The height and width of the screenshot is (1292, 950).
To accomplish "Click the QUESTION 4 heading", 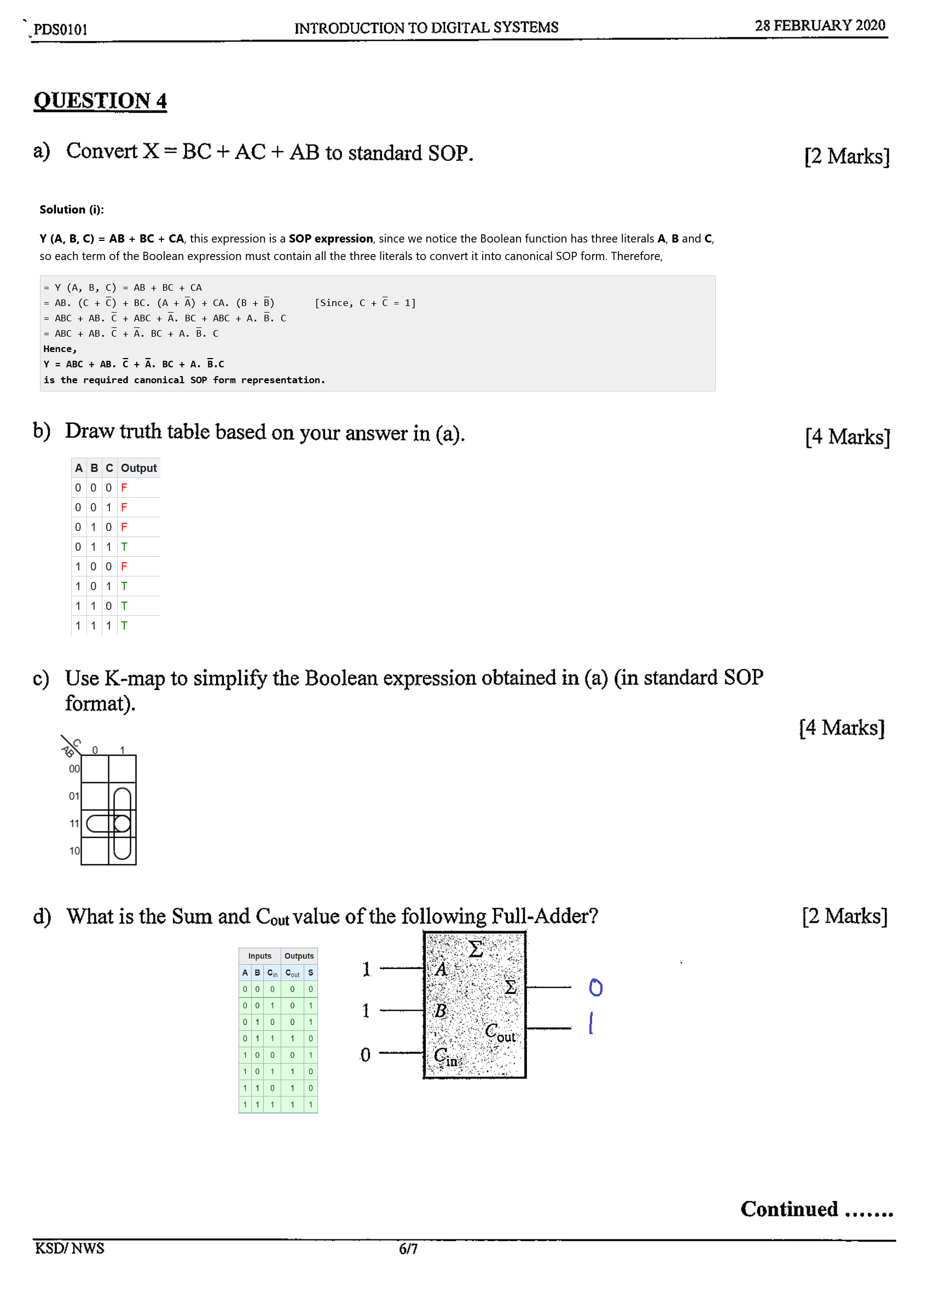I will coord(100,101).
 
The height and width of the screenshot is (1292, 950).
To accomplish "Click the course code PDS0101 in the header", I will coord(60,30).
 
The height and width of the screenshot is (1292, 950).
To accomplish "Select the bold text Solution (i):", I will coord(71,209).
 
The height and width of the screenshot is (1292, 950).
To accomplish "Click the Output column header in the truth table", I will coord(138,468).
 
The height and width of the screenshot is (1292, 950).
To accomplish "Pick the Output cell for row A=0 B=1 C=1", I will coord(124,547).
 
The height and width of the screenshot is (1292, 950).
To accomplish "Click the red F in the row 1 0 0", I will coord(124,567).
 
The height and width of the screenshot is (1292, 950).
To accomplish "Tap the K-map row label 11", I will coord(74,824).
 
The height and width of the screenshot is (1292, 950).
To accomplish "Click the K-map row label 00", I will coord(74,769).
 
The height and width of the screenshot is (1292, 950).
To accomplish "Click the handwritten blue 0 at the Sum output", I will coord(596,988).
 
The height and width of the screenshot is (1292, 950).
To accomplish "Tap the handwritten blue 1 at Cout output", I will coord(591,1023).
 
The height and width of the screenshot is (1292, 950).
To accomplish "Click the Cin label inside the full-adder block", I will coord(445,1057).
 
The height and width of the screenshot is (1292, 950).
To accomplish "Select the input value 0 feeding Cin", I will coord(365,1055).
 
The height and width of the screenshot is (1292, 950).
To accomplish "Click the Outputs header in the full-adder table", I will coord(299,956).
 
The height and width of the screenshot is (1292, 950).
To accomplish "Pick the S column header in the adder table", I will coord(310,973).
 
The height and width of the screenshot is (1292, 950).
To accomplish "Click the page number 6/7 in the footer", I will coord(408,1249).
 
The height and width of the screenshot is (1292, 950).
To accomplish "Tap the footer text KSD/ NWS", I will coord(69,1248).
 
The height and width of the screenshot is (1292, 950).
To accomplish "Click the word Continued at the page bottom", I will coord(789,1209).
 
